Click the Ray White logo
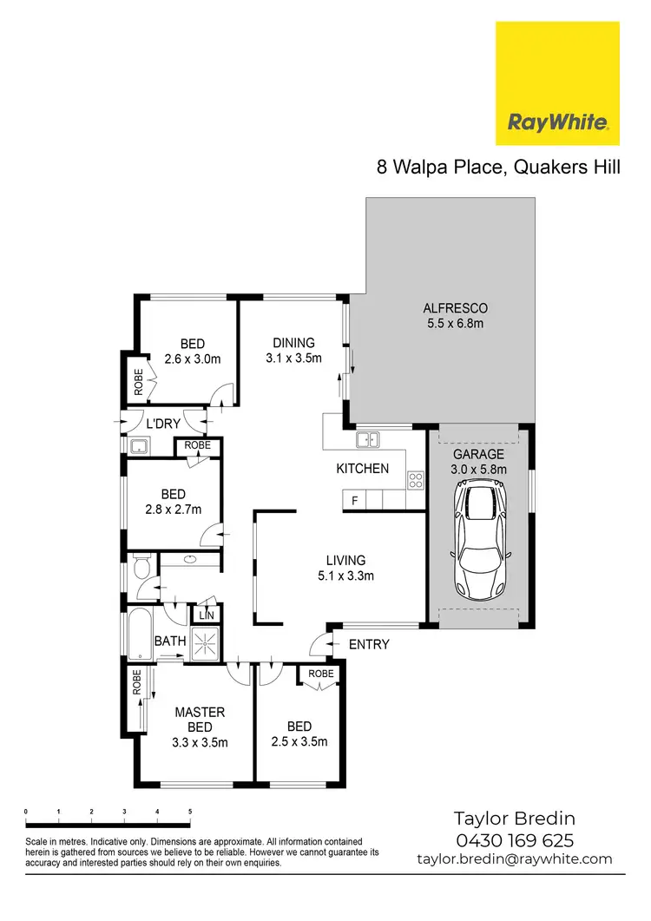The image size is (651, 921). click(x=556, y=83)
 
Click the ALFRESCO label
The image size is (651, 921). click(x=455, y=308)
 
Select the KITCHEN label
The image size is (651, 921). click(x=363, y=469)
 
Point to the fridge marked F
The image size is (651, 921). click(x=354, y=500)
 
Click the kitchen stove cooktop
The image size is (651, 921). click(x=415, y=477)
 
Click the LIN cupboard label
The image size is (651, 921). click(x=207, y=615)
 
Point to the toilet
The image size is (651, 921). click(x=142, y=570)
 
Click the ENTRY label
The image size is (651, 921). click(x=368, y=644)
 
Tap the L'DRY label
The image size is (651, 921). click(x=163, y=424)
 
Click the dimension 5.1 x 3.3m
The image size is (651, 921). click(x=345, y=575)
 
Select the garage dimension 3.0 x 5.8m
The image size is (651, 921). click(x=478, y=470)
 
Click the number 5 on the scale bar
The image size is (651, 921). click(x=190, y=811)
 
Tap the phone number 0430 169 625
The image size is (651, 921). click(x=515, y=840)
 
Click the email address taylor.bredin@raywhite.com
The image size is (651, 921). click(x=515, y=859)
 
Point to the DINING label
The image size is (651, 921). click(x=293, y=343)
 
